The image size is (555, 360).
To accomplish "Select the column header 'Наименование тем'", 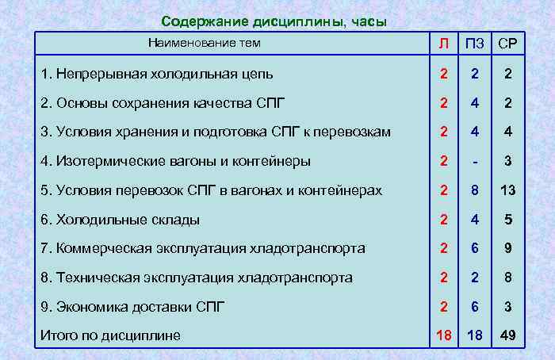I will [204, 43].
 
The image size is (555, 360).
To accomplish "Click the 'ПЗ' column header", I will [475, 44].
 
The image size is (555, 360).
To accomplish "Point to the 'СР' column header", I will [507, 44].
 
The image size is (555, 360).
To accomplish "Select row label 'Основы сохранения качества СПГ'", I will [162, 103].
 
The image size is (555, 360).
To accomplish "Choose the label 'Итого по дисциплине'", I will [110, 335].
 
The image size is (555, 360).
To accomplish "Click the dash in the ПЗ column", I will [475, 162].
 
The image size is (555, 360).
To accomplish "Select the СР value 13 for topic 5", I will [507, 190].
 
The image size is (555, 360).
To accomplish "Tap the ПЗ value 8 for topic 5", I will [475, 190].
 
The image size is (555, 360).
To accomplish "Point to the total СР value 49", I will [507, 335].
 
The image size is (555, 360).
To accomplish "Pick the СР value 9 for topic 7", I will [507, 248].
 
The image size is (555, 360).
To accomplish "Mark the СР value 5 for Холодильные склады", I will [507, 220].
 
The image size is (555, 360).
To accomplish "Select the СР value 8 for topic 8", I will [507, 278].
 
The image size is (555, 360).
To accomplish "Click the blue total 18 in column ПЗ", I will [475, 335].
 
